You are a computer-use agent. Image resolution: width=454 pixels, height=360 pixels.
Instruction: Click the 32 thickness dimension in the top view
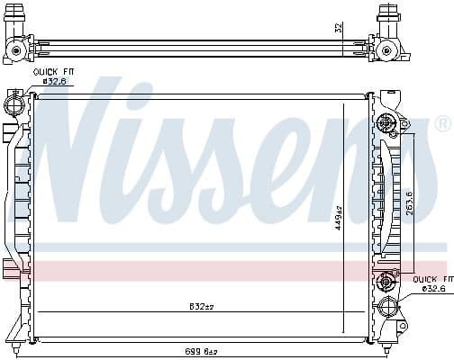point(339,28)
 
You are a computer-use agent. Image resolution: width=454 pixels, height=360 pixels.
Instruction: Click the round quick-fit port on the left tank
point(16,105)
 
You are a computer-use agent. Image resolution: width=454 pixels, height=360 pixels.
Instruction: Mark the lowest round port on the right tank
point(389,307)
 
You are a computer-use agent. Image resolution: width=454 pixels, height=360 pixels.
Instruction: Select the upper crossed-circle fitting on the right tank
point(389,123)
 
